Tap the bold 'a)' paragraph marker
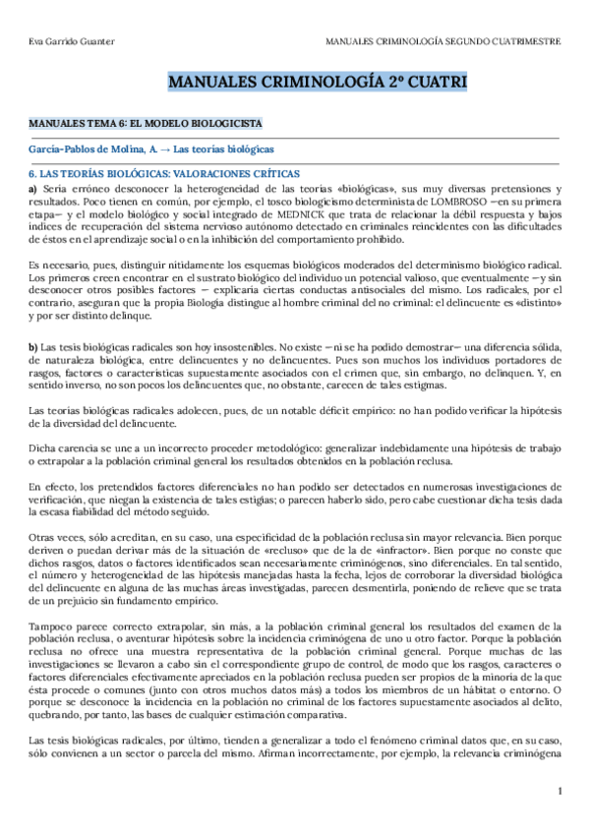coord(32,188)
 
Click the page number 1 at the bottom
coord(559,791)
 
